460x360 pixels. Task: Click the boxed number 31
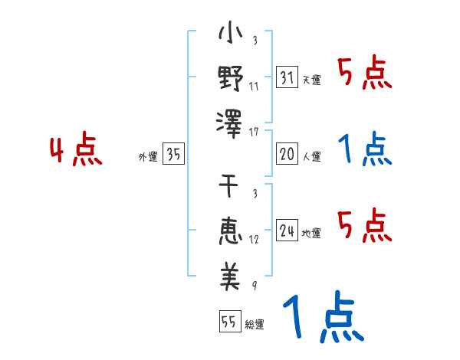click(x=287, y=77)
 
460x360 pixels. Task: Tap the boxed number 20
click(x=287, y=154)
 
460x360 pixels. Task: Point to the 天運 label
click(x=311, y=80)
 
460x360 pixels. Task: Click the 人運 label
click(x=311, y=156)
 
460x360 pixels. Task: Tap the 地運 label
click(x=311, y=233)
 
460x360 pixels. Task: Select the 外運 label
click(x=147, y=156)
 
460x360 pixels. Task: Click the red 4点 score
click(x=77, y=151)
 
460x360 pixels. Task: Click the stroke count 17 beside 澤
click(x=255, y=132)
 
